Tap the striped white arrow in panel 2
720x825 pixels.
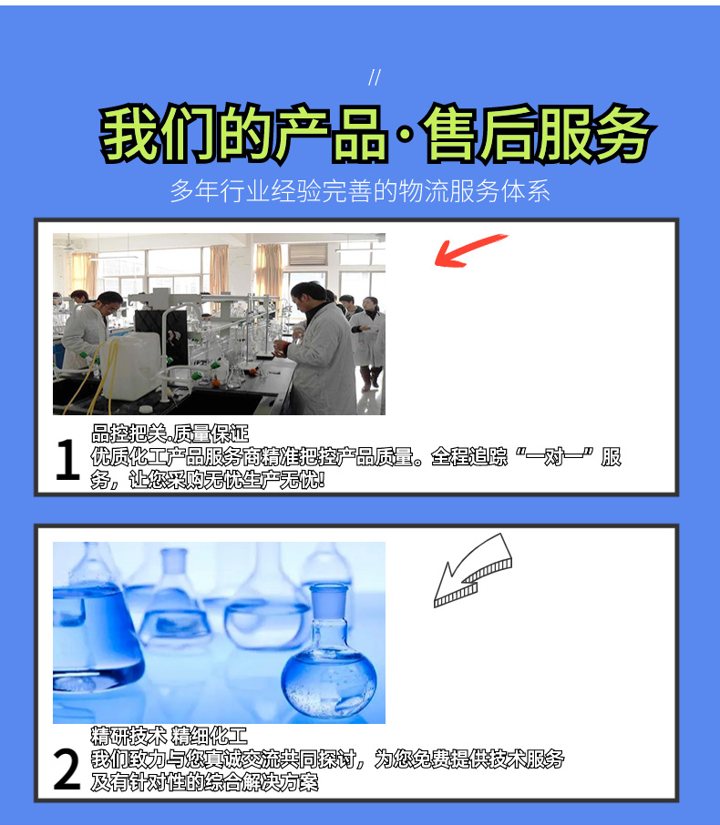[469, 570]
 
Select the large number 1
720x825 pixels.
[67, 461]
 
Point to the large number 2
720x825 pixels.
[67, 770]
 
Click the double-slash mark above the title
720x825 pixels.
[374, 77]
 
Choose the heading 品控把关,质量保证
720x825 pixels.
[170, 434]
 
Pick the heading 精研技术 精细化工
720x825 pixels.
[169, 736]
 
